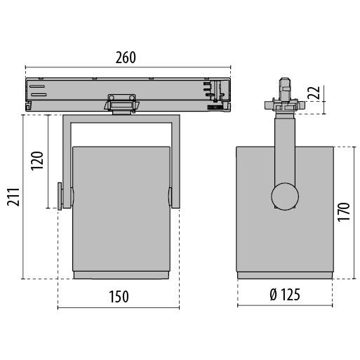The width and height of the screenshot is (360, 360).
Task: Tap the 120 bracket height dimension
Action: tap(38, 161)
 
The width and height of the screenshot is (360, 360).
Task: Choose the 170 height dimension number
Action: tap(343, 213)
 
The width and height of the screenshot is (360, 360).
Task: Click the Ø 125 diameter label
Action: tap(284, 295)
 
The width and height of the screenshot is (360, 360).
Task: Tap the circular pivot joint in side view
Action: tap(285, 195)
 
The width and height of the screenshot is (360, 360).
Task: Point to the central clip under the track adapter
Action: tap(121, 102)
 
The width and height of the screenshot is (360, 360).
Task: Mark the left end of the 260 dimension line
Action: tap(26, 69)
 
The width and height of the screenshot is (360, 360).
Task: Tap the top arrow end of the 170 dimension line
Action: tap(329, 147)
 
